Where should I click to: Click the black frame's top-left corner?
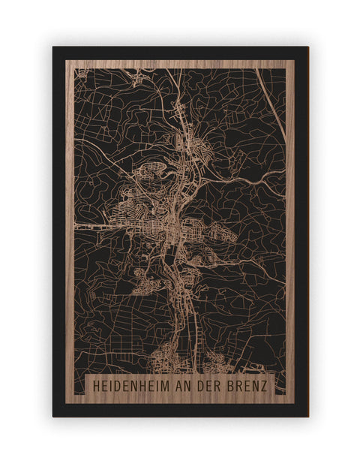(x=54, y=48)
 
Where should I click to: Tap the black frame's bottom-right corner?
(x=307, y=415)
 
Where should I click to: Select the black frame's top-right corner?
(x=307, y=48)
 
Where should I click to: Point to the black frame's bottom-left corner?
(x=54, y=415)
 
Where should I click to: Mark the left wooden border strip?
(x=70, y=225)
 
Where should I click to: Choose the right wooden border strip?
(x=290, y=225)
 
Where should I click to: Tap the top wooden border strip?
(x=180, y=64)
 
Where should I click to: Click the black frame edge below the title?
(x=180, y=410)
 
